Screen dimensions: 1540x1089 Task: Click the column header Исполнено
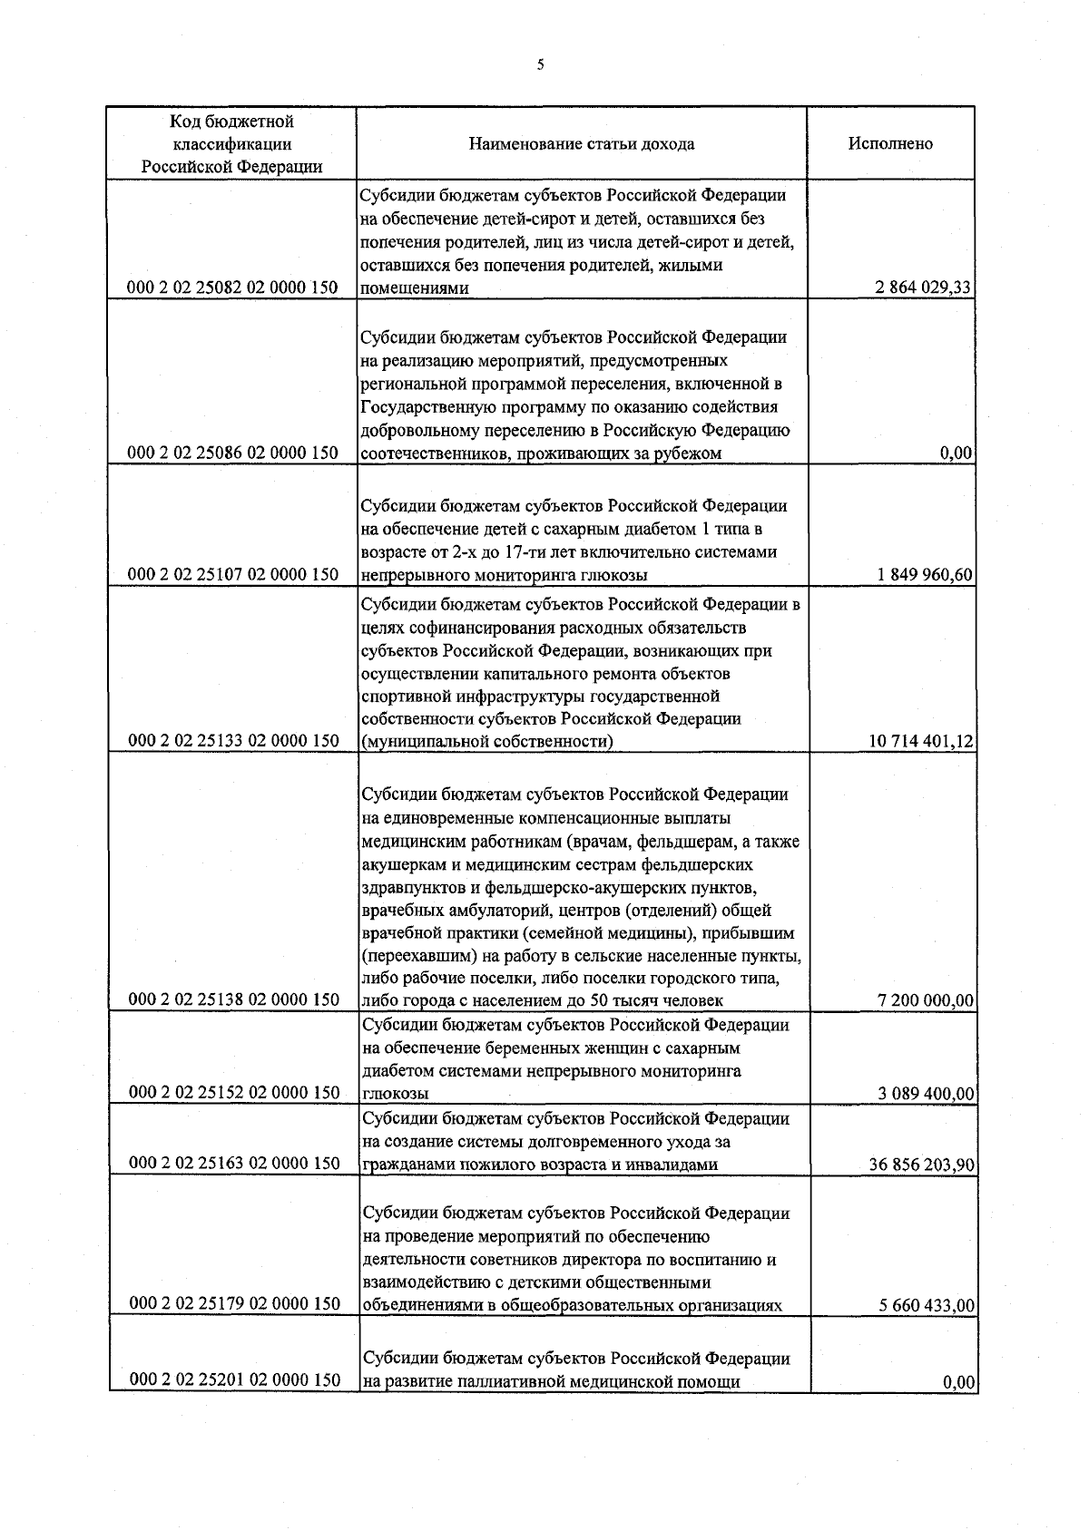[x=890, y=143]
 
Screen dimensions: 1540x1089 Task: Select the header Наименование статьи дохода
[x=582, y=143]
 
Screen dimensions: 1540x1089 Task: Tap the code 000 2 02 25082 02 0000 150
[x=234, y=288]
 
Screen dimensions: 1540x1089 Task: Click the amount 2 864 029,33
[x=924, y=288]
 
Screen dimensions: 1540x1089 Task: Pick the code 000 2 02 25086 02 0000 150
[x=234, y=453]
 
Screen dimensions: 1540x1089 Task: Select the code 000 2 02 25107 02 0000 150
[x=234, y=574]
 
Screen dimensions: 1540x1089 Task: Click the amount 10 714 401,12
[x=921, y=742]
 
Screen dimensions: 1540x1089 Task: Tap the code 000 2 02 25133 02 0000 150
[x=234, y=741]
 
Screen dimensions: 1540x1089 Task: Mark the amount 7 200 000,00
[x=926, y=1000]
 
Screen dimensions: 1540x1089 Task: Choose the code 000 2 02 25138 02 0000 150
[x=234, y=999]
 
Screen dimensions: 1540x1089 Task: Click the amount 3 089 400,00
[x=926, y=1093]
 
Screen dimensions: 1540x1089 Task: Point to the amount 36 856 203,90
[x=921, y=1165]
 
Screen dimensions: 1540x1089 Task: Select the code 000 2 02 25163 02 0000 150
[x=234, y=1163]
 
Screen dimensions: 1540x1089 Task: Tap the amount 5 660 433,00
[x=926, y=1306]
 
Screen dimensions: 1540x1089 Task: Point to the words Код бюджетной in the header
[x=231, y=122]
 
